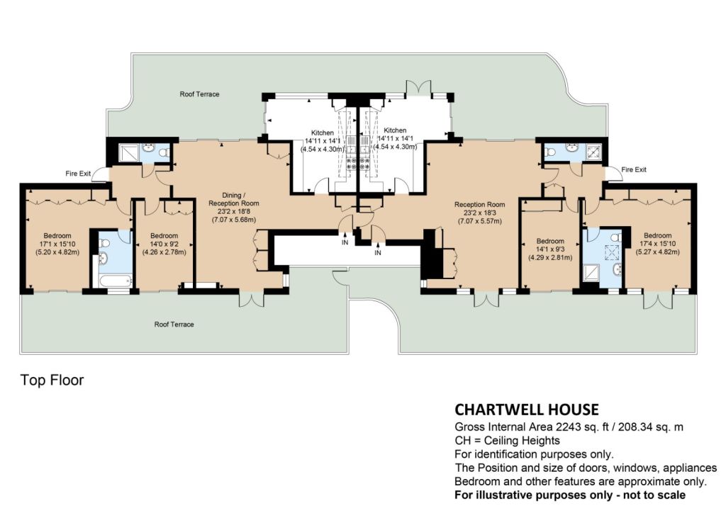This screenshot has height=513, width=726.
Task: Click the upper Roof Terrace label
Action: click(199, 94)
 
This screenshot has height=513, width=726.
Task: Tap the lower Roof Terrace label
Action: click(174, 325)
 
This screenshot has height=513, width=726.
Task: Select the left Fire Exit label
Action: click(78, 174)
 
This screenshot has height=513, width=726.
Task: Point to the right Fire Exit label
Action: click(634, 169)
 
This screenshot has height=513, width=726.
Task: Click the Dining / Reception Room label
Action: click(233, 199)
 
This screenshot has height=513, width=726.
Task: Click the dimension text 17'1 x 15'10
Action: click(57, 244)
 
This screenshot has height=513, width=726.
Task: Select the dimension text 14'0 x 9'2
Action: click(164, 244)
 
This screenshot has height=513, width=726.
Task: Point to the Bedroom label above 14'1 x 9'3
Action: click(550, 241)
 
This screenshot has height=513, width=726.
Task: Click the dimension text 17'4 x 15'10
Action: click(657, 243)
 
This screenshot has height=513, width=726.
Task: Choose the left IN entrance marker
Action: click(345, 242)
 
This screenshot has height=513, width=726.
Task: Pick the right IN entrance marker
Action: click(378, 252)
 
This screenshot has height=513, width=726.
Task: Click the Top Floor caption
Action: click(52, 380)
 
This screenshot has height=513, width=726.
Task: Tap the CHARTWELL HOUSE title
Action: click(527, 410)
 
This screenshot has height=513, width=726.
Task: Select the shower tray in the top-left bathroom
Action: click(129, 152)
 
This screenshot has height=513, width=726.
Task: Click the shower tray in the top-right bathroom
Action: click(594, 151)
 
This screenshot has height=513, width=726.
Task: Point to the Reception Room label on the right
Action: click(480, 205)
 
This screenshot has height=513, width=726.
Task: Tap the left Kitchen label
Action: click(323, 133)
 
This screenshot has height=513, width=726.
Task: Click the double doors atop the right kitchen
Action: click(418, 88)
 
